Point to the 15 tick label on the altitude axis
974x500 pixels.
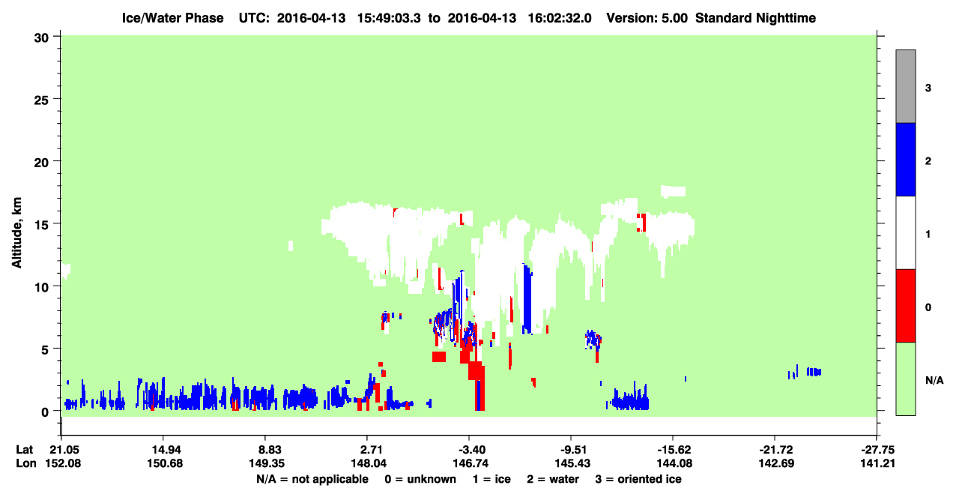tap(42, 226)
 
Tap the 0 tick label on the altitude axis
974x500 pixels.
tap(45, 412)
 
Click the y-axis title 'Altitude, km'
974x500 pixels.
tap(16, 233)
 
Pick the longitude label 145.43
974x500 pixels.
tap(572, 463)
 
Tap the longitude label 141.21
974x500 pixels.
tap(877, 463)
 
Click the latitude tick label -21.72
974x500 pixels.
tap(775, 450)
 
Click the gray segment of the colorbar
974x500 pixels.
tap(905, 86)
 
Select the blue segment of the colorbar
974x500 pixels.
tap(905, 159)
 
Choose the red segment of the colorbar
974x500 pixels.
tap(905, 306)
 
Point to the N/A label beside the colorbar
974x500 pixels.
tap(934, 381)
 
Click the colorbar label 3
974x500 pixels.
tap(928, 88)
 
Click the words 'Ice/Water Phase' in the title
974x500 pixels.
tap(172, 18)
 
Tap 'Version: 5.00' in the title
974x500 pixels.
tap(647, 18)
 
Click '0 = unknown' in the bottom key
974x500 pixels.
tap(420, 479)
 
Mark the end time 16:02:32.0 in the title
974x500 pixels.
tap(560, 18)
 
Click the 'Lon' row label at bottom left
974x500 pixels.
tap(26, 463)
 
